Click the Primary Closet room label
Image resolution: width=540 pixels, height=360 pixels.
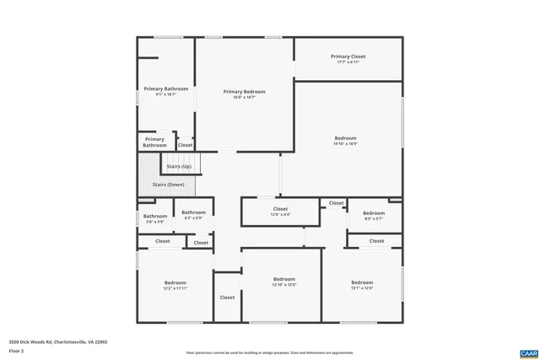coord(348,57)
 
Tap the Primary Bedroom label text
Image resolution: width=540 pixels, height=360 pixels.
coord(244,93)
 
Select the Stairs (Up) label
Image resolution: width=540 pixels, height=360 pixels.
coord(178,167)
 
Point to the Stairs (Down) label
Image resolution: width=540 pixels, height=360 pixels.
coord(168,184)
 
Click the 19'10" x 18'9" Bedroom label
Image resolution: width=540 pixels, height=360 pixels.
coord(345,140)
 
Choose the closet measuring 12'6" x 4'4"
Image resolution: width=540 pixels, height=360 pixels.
coord(280,211)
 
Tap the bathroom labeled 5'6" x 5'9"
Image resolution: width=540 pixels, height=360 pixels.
coord(154,218)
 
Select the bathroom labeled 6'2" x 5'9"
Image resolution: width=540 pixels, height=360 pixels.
coord(193,214)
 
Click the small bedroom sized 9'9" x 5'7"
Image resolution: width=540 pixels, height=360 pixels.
coord(374,215)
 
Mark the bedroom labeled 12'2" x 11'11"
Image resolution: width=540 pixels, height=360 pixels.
coord(175,284)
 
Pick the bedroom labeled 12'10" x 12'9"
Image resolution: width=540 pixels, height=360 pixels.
coord(284,281)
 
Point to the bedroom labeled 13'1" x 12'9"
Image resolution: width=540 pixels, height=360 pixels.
coord(362,284)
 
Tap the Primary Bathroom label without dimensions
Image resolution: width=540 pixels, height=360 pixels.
coord(154,142)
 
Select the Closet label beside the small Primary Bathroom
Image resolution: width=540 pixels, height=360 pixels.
coord(185,145)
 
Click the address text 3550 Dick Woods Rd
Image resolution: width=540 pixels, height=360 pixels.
coord(58,341)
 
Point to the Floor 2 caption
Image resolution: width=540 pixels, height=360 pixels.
coord(16,348)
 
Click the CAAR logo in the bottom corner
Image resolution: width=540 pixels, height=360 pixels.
coord(529,352)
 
